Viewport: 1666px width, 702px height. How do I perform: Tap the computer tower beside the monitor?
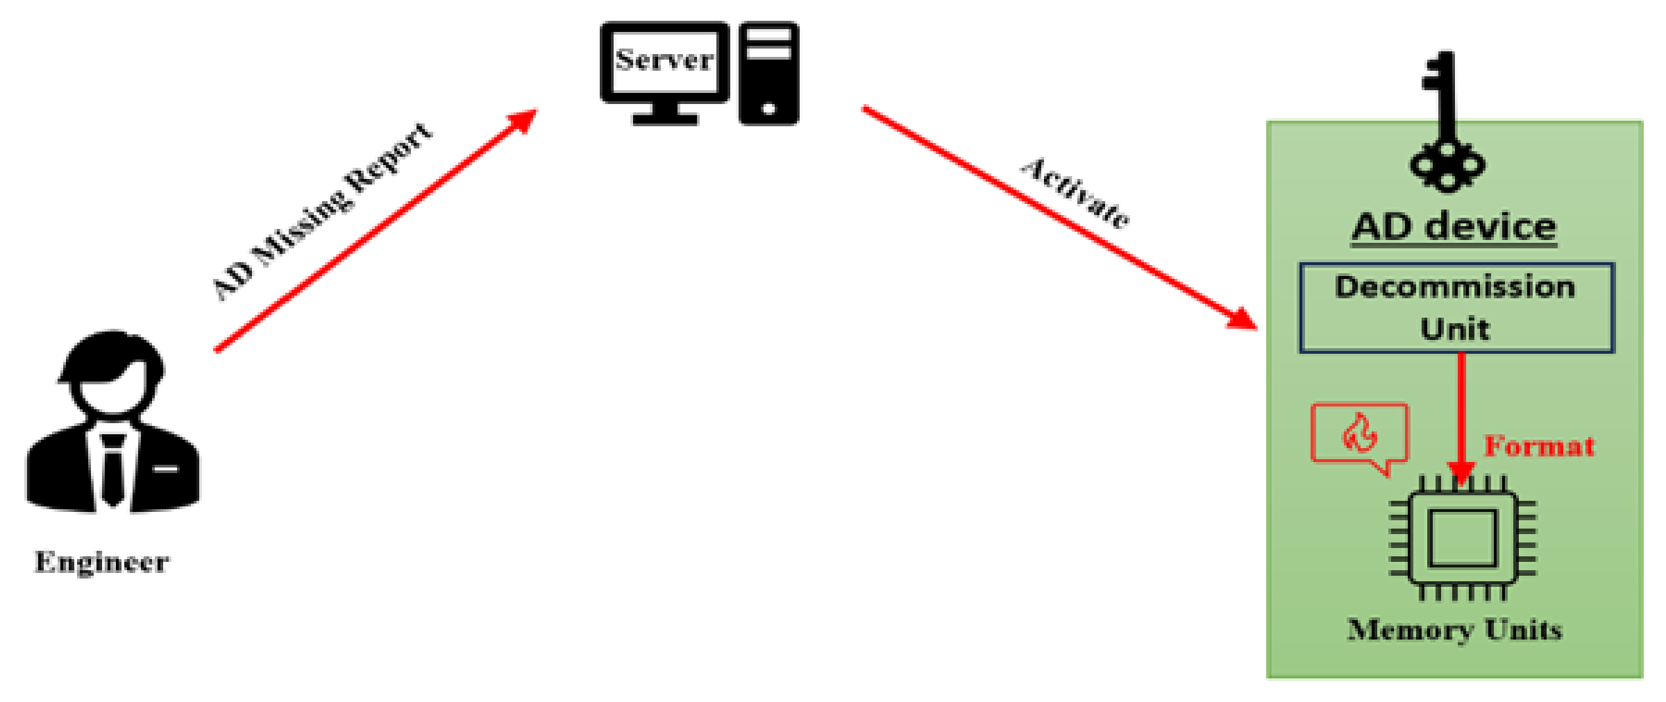(x=768, y=74)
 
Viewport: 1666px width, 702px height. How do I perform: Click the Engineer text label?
(x=101, y=562)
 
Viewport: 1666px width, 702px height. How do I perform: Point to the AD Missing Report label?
(x=321, y=212)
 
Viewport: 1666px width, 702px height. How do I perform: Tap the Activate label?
(x=1075, y=192)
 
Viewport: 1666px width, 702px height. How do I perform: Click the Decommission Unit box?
(x=1456, y=307)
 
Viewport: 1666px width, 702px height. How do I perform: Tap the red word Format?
(x=1538, y=446)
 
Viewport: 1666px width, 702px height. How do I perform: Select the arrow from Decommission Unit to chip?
(x=1462, y=416)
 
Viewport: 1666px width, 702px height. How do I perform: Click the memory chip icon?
(x=1462, y=538)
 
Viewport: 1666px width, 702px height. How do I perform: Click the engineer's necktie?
(x=112, y=468)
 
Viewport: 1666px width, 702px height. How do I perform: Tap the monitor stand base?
(x=664, y=119)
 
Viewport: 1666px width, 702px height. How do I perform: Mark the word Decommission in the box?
(x=1455, y=287)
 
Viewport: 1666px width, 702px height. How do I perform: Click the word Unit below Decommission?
(x=1455, y=328)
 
